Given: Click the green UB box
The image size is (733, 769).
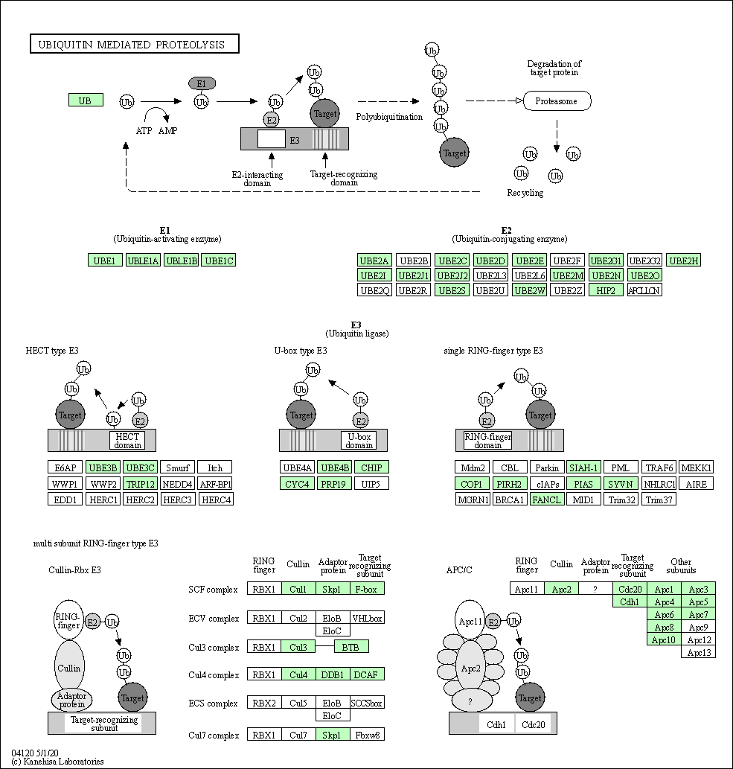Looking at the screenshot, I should coord(86,100).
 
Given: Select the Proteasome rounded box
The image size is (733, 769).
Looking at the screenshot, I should coord(557,100).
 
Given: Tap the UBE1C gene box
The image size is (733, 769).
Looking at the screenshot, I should coord(220,261).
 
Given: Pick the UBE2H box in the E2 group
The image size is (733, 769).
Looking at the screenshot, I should coord(683,261).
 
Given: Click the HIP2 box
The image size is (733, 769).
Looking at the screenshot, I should coord(606,290).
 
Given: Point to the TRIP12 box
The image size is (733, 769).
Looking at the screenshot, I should coord(139,484).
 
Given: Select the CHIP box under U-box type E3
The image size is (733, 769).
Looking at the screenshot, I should coord(371,468).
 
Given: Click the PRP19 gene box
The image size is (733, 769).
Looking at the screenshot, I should coord(335,484).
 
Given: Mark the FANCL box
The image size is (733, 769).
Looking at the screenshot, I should coord(545,500).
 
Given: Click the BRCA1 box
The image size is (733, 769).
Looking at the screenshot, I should coord(509,500).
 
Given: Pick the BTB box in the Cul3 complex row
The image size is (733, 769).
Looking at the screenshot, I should coord(351,647).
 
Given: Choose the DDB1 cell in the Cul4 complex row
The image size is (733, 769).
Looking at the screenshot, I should coord(332,675).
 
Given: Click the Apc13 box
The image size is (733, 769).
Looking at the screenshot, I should coord(700,653).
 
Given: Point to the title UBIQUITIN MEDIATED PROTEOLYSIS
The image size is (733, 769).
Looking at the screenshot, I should coord(134,45).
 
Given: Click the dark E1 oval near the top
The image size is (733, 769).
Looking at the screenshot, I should coord(202,83).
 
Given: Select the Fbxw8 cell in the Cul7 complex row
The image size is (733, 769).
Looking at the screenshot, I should coord(366,735).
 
